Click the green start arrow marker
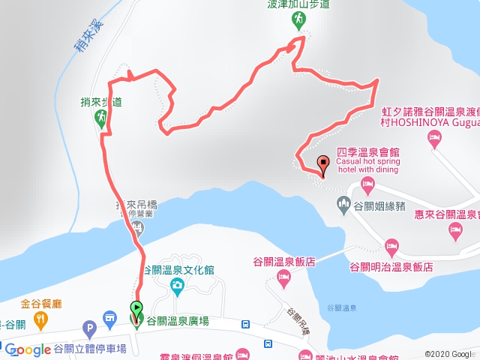[136, 307]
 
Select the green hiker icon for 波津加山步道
[299, 19]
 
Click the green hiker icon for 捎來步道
[103, 118]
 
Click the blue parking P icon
[90, 328]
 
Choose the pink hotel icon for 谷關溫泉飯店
[283, 279]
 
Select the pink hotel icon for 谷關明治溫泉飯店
[391, 246]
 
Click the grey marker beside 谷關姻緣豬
[344, 202]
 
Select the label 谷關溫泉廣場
[179, 320]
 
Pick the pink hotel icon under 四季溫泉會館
[367, 184]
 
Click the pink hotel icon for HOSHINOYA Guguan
[433, 137]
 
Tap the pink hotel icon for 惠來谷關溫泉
[455, 233]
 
